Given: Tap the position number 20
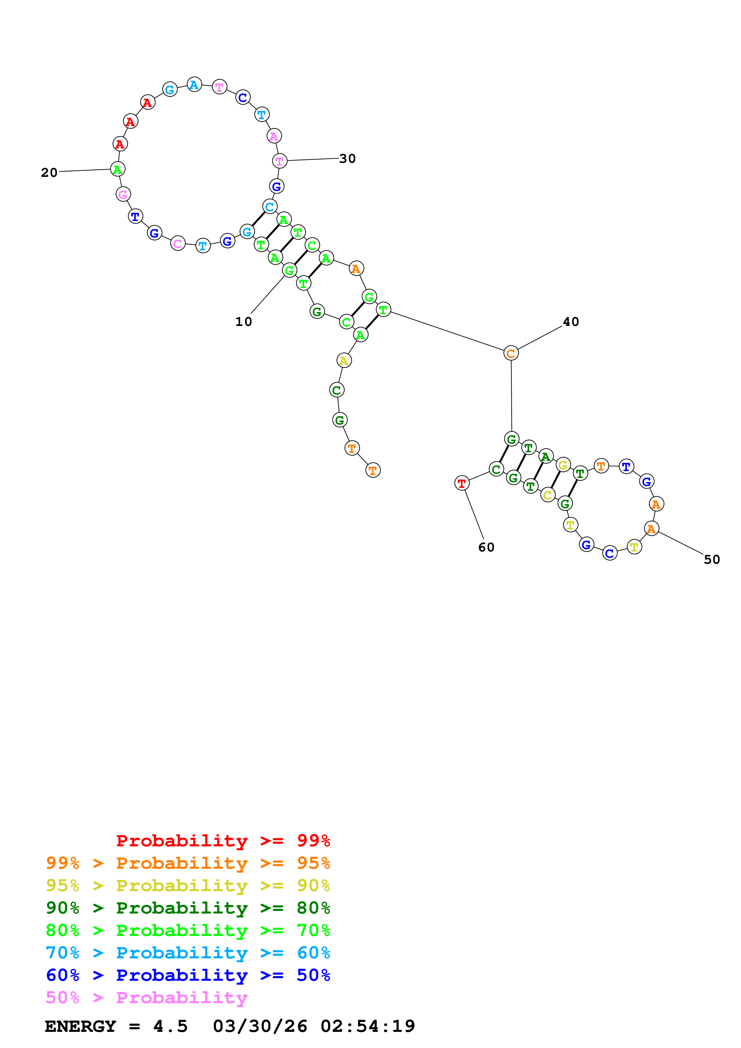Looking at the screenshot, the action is pyautogui.click(x=49, y=173).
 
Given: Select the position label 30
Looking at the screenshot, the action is pyautogui.click(x=347, y=159).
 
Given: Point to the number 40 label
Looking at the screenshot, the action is pyautogui.click(x=571, y=322).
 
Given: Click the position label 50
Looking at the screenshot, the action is pyautogui.click(x=712, y=560).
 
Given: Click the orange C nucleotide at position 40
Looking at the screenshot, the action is pyautogui.click(x=511, y=353).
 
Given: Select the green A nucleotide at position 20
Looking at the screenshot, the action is pyautogui.click(x=118, y=169).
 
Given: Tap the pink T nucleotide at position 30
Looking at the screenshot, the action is pyautogui.click(x=279, y=161).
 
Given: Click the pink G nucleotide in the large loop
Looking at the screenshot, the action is pyautogui.click(x=123, y=194).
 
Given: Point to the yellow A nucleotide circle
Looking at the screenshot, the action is pyautogui.click(x=344, y=361).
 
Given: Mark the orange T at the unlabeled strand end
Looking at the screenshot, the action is pyautogui.click(x=373, y=470).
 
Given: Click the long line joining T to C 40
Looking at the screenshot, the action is pyautogui.click(x=447, y=331).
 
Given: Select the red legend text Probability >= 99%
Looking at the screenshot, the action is pyautogui.click(x=223, y=841).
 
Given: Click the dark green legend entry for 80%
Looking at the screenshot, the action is pyautogui.click(x=188, y=908).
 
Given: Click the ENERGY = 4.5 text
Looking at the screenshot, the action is pyautogui.click(x=116, y=1026).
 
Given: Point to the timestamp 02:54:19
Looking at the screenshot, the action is pyautogui.click(x=368, y=1026).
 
